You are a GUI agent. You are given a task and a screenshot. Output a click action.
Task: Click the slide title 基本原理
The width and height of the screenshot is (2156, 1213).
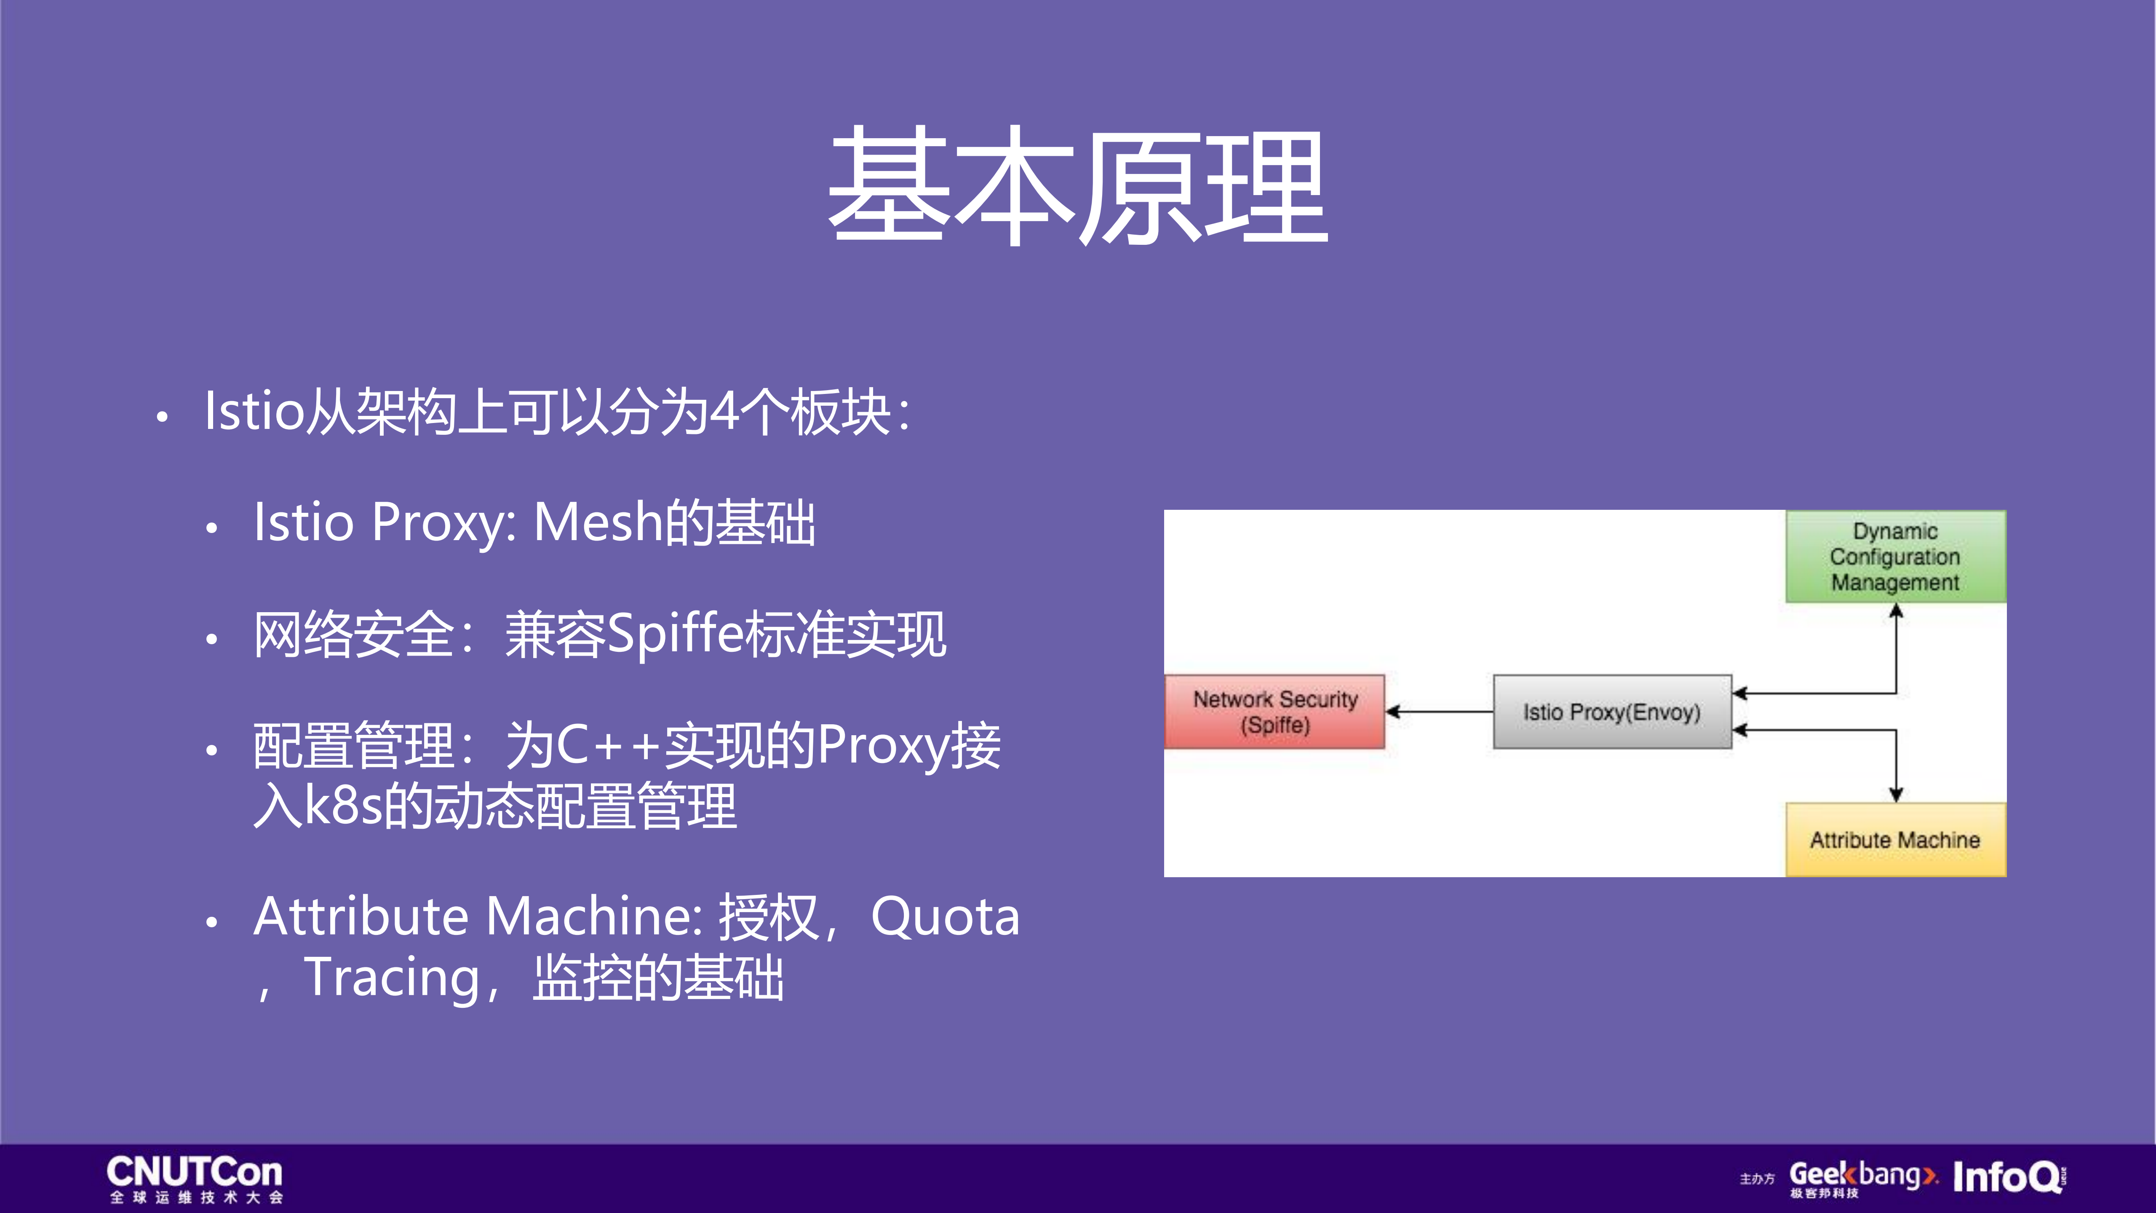pyautogui.click(x=1077, y=186)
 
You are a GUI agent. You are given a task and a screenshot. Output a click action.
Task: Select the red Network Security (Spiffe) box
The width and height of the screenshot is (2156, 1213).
pyautogui.click(x=1274, y=712)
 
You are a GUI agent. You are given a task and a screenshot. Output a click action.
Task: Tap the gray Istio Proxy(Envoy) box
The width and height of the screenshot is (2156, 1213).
pyautogui.click(x=1612, y=712)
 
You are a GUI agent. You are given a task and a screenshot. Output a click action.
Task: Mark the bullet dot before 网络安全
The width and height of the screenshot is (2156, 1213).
pyautogui.click(x=212, y=639)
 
